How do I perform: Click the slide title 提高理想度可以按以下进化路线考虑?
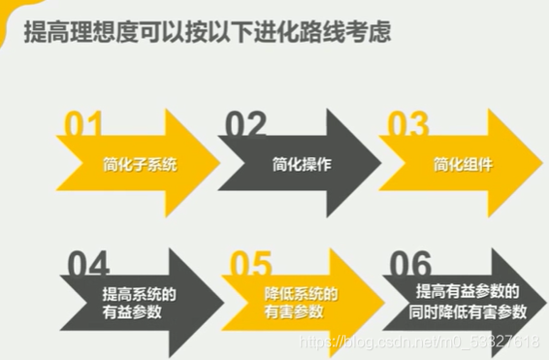[208, 32]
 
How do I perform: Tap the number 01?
[83, 126]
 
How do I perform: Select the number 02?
[245, 126]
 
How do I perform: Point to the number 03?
[407, 126]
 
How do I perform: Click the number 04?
[89, 266]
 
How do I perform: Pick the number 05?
[251, 266]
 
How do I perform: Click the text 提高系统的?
[140, 294]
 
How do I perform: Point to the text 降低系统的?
[301, 294]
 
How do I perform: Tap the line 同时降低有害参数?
[468, 312]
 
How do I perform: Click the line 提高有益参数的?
[468, 292]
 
